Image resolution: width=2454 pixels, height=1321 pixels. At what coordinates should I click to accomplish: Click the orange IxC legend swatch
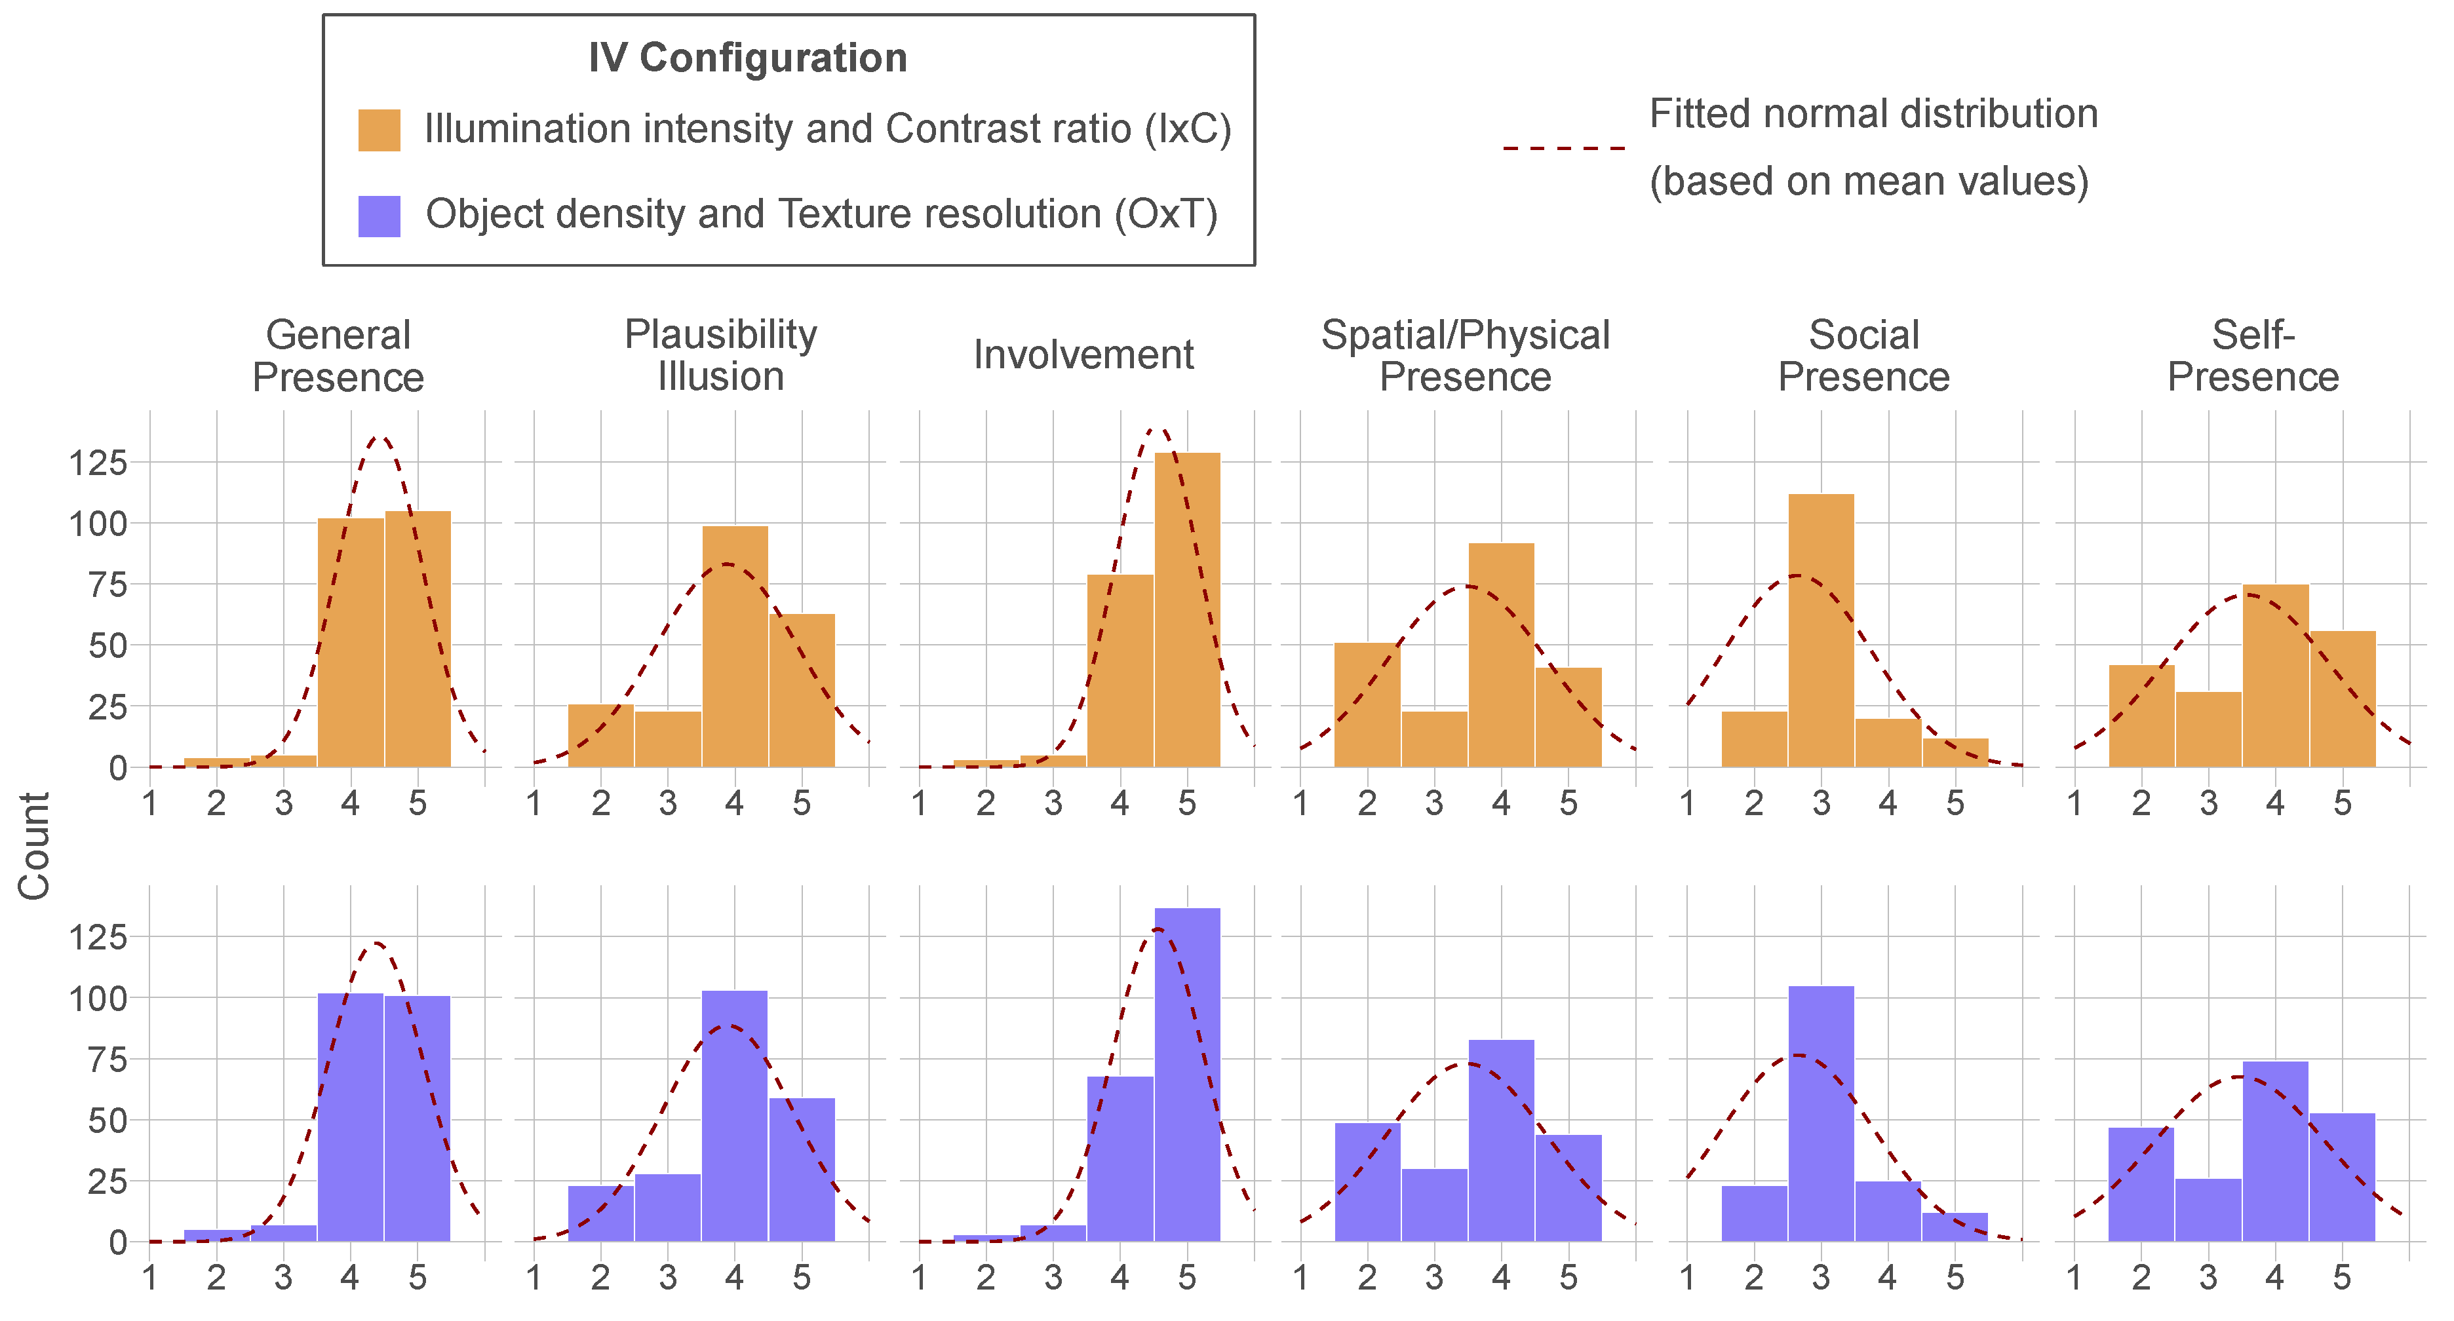(x=378, y=130)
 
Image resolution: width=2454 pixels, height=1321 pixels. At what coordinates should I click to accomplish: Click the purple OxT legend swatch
(x=378, y=215)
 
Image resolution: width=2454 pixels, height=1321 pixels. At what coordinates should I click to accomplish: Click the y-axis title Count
(x=34, y=846)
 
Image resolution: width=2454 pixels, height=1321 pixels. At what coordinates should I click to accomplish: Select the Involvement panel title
(x=1083, y=355)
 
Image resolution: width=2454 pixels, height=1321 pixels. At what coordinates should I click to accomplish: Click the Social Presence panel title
(x=1863, y=355)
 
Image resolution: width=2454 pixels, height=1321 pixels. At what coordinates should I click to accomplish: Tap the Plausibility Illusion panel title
(x=720, y=355)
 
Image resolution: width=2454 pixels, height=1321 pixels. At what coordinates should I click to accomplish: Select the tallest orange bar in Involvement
(x=1187, y=609)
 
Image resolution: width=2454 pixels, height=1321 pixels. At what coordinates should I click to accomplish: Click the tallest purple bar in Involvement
(x=1187, y=1075)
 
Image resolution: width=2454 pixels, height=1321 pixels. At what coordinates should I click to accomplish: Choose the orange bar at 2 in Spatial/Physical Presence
(x=1367, y=705)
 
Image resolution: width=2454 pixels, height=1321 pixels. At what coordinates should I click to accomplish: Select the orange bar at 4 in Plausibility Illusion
(x=735, y=647)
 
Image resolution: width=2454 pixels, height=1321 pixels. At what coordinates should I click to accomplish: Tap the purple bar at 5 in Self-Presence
(x=2341, y=1177)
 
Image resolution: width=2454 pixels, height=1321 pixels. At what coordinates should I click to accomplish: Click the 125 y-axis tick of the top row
(x=98, y=463)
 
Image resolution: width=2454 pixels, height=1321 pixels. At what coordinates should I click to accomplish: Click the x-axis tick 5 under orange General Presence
(x=418, y=803)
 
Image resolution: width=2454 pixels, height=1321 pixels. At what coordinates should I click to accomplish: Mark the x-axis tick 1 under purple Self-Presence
(x=2074, y=1277)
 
